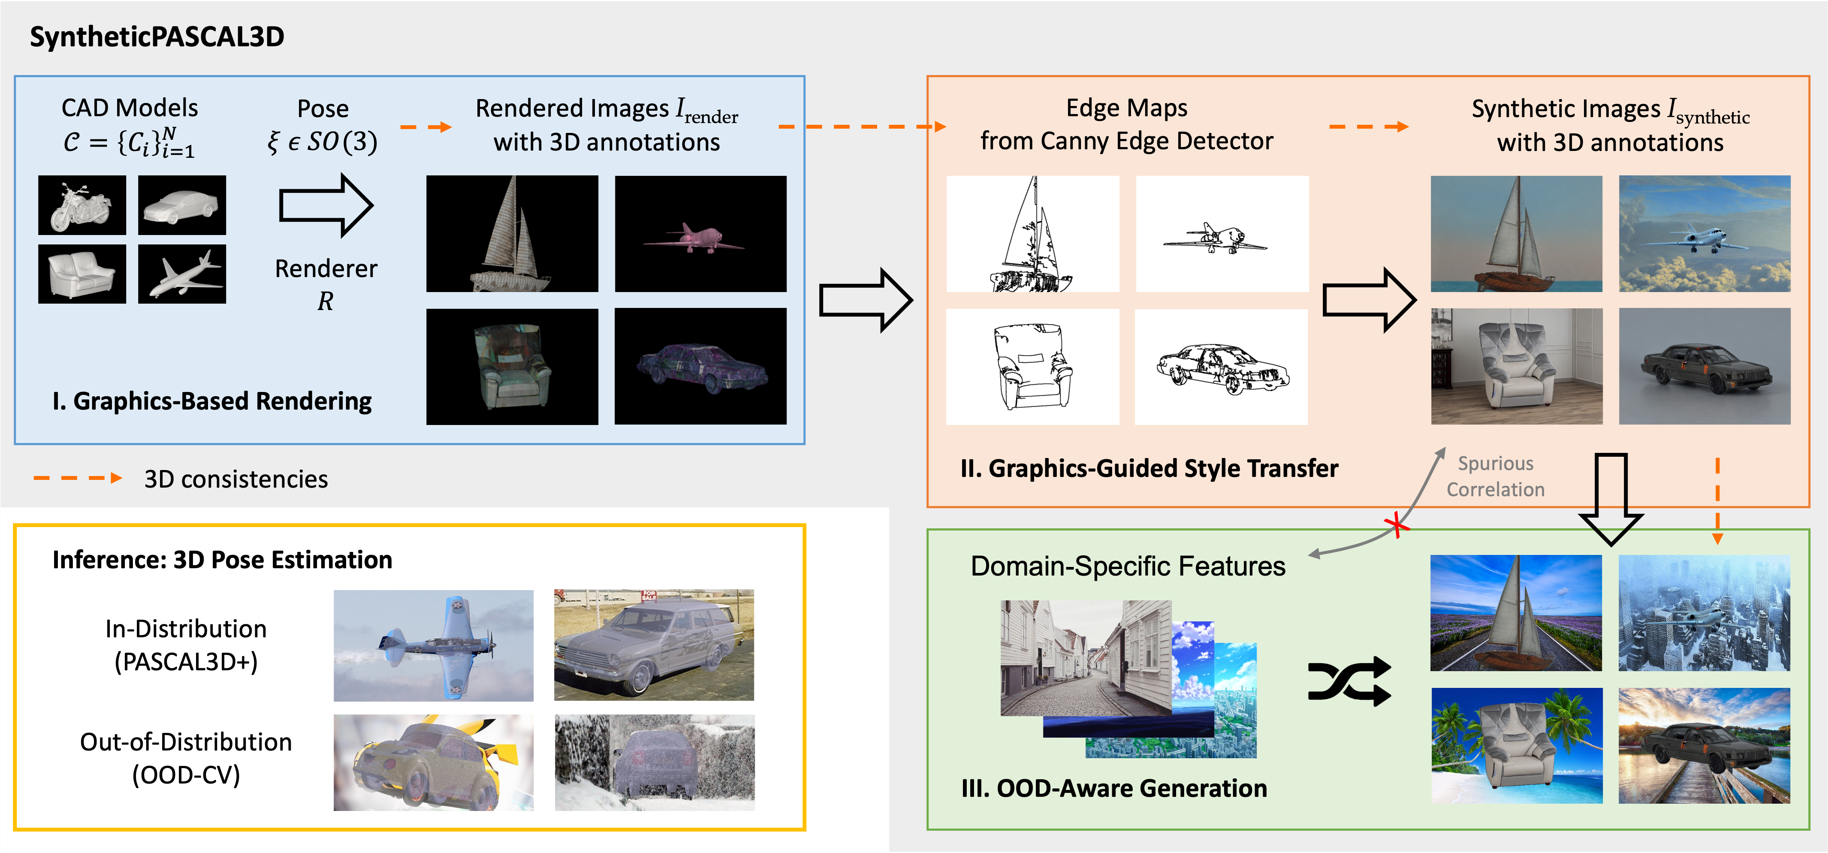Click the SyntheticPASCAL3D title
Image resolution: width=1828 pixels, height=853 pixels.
(x=157, y=37)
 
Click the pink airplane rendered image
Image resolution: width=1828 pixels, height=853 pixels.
(x=700, y=234)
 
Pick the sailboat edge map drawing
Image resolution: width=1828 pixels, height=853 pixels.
(x=1032, y=234)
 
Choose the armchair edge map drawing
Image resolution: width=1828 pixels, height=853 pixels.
(x=1032, y=367)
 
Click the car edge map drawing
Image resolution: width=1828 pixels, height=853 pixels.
(x=1221, y=367)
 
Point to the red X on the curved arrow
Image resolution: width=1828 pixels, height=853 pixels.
(x=1397, y=526)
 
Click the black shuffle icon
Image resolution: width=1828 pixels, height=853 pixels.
(x=1349, y=681)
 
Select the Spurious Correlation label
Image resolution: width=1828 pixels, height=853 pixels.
(x=1495, y=476)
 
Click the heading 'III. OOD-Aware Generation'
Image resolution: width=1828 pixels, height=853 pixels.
(x=1113, y=788)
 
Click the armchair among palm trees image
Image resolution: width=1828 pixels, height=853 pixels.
(x=1517, y=745)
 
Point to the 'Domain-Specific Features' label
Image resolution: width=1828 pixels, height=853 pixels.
(x=1128, y=566)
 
